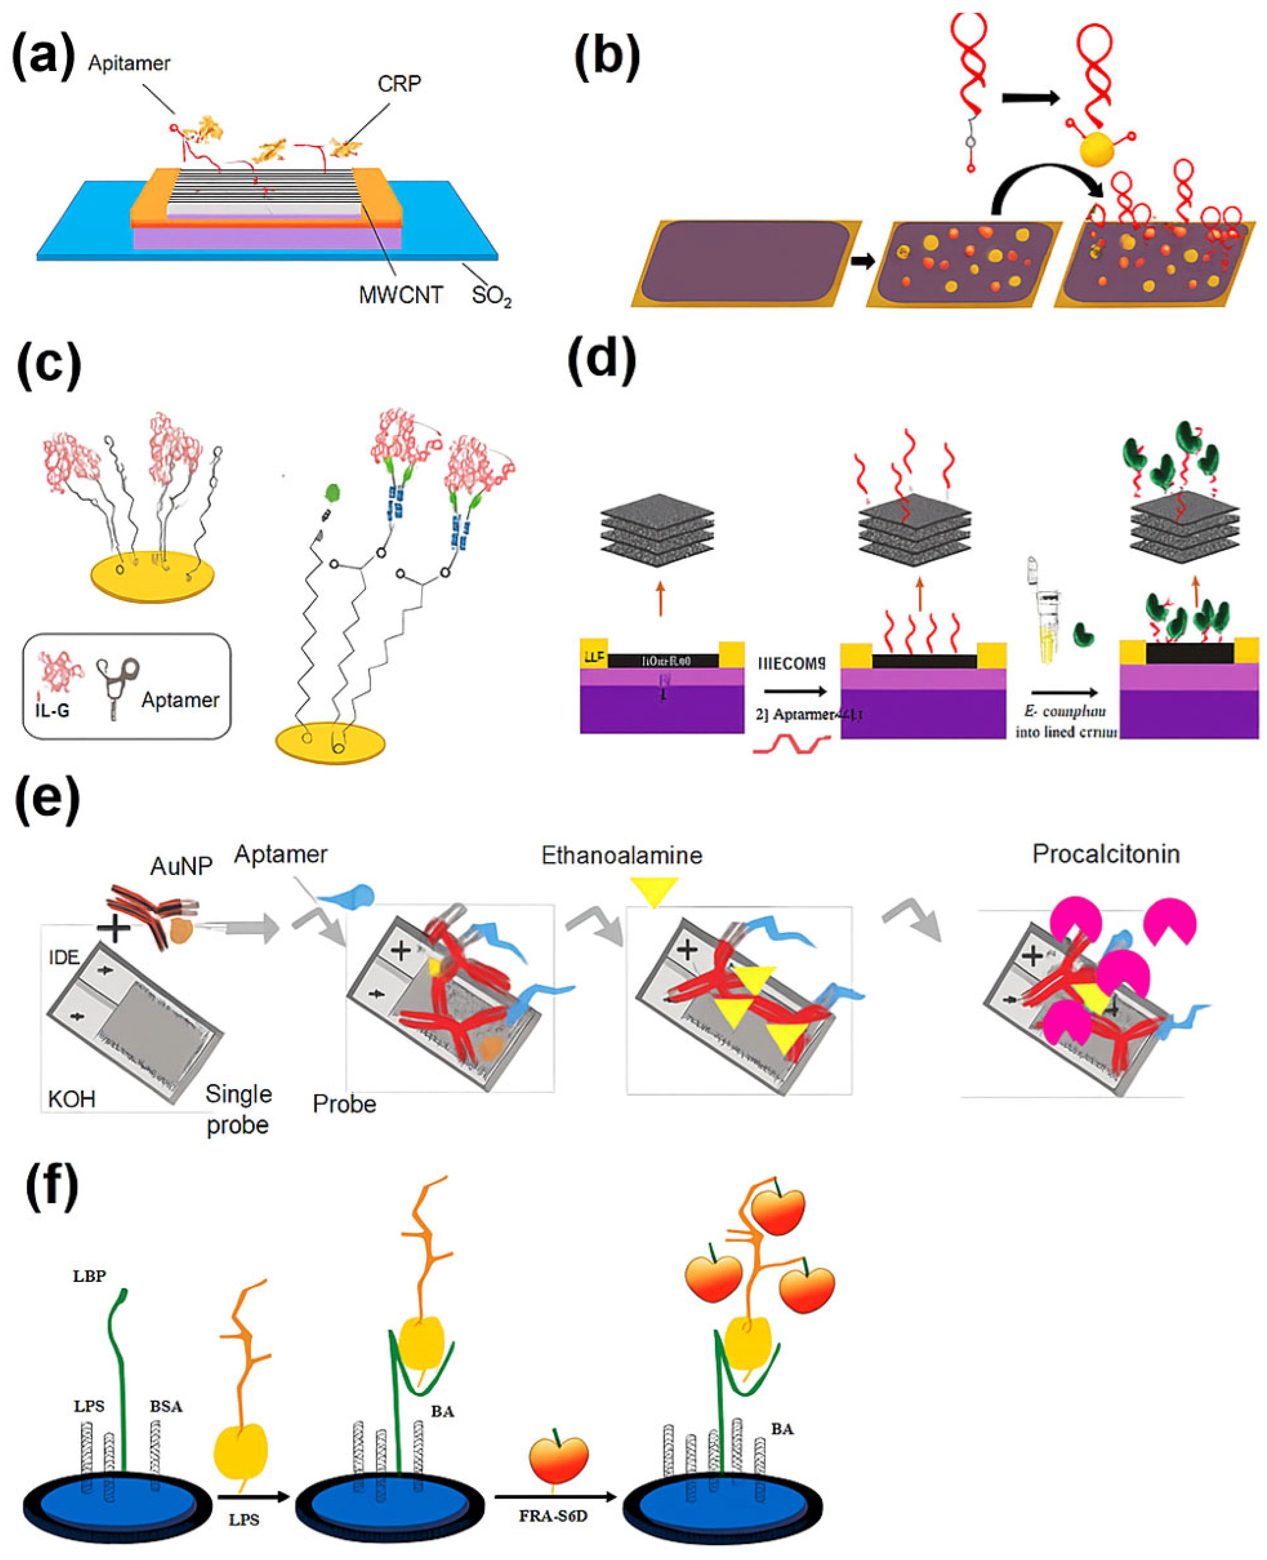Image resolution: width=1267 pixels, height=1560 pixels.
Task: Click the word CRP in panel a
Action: (399, 84)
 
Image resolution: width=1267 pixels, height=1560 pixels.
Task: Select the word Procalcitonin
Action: (1106, 854)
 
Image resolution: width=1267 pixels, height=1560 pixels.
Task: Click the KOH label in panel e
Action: (71, 1099)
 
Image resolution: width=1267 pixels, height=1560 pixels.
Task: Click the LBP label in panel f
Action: (89, 1276)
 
